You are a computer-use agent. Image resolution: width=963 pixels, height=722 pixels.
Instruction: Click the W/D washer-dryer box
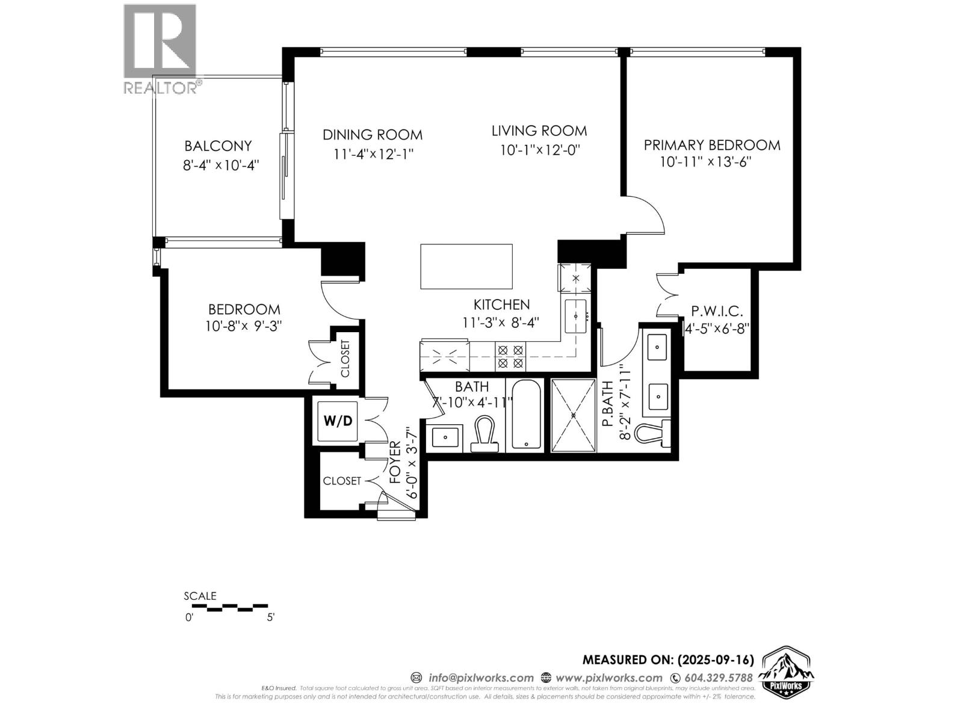click(x=338, y=421)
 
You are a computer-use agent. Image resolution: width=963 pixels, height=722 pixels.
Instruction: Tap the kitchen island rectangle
click(x=466, y=267)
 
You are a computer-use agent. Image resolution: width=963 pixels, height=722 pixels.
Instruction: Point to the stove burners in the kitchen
click(x=510, y=357)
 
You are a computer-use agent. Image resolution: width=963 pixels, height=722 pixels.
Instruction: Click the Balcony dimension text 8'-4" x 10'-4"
click(x=221, y=165)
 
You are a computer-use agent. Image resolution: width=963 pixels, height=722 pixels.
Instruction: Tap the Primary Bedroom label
click(x=712, y=145)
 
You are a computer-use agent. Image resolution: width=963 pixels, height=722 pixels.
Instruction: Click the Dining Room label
click(x=373, y=135)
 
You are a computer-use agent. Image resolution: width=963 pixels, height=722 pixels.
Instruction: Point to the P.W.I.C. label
click(x=717, y=312)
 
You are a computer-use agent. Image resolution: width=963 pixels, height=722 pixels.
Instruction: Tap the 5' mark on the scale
click(x=270, y=617)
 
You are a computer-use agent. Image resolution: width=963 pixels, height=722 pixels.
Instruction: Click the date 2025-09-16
click(x=716, y=659)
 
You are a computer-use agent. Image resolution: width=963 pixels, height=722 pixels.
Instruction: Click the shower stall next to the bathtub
click(x=574, y=415)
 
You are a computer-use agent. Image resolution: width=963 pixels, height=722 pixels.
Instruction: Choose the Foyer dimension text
click(x=412, y=463)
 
